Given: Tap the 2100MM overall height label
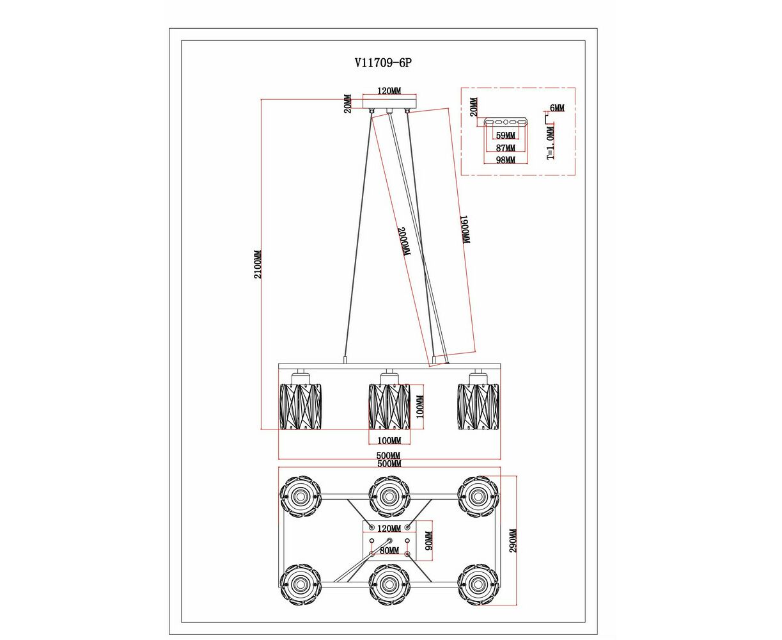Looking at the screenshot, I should pyautogui.click(x=258, y=264).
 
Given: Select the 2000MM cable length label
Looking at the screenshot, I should pyautogui.click(x=403, y=242).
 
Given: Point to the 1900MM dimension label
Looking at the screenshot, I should pyautogui.click(x=465, y=229).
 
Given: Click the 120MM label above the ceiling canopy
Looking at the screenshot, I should pyautogui.click(x=389, y=92).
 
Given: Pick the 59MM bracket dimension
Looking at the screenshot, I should pyautogui.click(x=505, y=136).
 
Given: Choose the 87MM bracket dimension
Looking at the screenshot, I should pyautogui.click(x=505, y=148).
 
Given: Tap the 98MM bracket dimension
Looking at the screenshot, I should pyautogui.click(x=505, y=159).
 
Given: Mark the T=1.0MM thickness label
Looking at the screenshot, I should pyautogui.click(x=551, y=142).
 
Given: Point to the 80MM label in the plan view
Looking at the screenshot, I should pyautogui.click(x=389, y=550).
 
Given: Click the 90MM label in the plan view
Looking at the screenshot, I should pyautogui.click(x=429, y=541).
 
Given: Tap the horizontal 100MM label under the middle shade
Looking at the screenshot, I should pyautogui.click(x=389, y=440).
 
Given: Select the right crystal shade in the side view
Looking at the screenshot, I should pyautogui.click(x=478, y=406).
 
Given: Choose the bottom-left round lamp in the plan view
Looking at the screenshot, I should pyautogui.click(x=299, y=584).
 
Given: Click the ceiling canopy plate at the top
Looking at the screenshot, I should pyautogui.click(x=389, y=103).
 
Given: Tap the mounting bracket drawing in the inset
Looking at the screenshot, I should pyautogui.click(x=505, y=122).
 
